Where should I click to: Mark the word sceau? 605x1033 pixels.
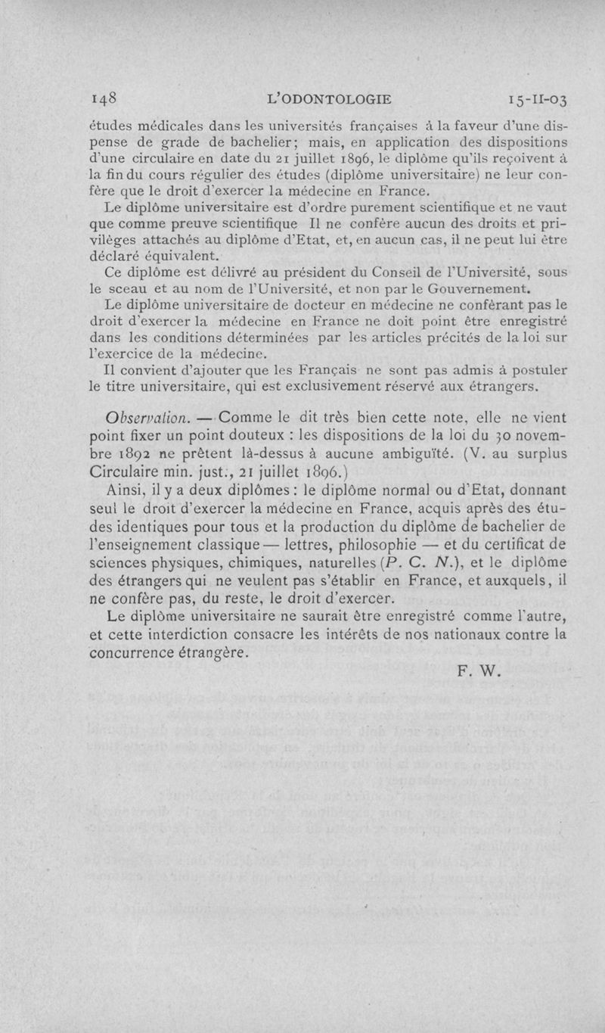pos(129,288)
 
